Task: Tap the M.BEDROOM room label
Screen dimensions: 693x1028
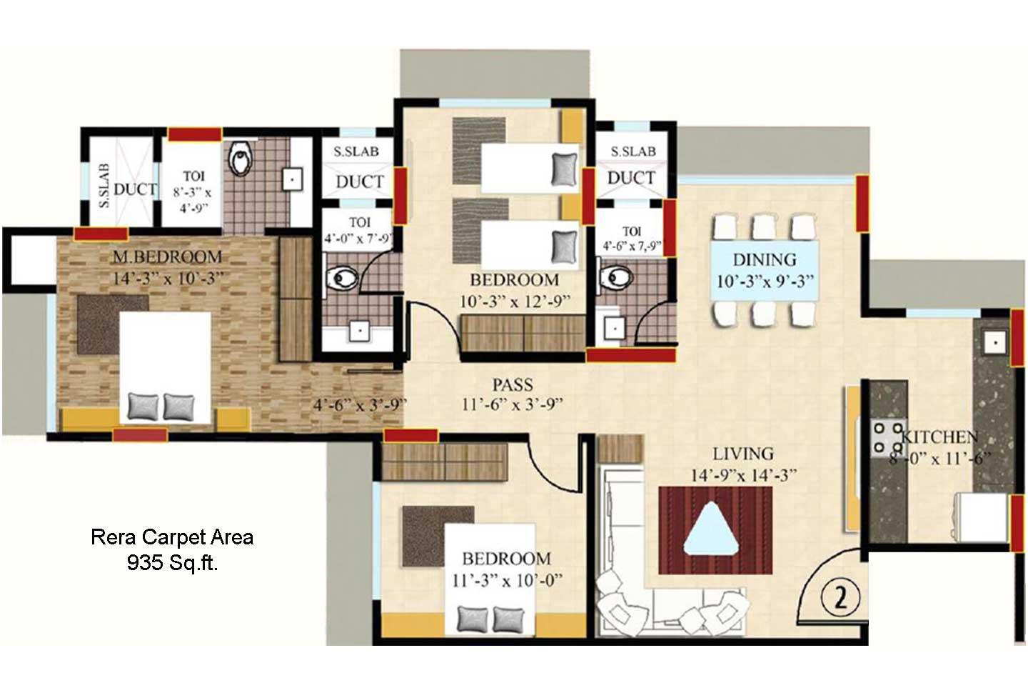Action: (168, 257)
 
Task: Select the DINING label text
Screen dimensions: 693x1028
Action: (764, 260)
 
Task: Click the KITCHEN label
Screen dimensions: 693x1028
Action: (939, 437)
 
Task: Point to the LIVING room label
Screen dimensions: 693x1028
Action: (742, 454)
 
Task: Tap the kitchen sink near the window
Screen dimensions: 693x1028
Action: (994, 343)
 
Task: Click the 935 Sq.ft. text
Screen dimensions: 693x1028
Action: (172, 563)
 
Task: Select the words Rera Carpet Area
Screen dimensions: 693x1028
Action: (172, 537)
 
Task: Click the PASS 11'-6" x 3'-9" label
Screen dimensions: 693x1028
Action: (513, 394)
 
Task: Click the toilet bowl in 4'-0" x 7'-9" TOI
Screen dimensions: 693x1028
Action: (342, 279)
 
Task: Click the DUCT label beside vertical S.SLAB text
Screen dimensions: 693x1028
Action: (136, 189)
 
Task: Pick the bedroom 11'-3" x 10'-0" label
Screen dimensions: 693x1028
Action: (506, 569)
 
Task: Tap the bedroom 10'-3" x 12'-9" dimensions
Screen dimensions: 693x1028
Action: (514, 301)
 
